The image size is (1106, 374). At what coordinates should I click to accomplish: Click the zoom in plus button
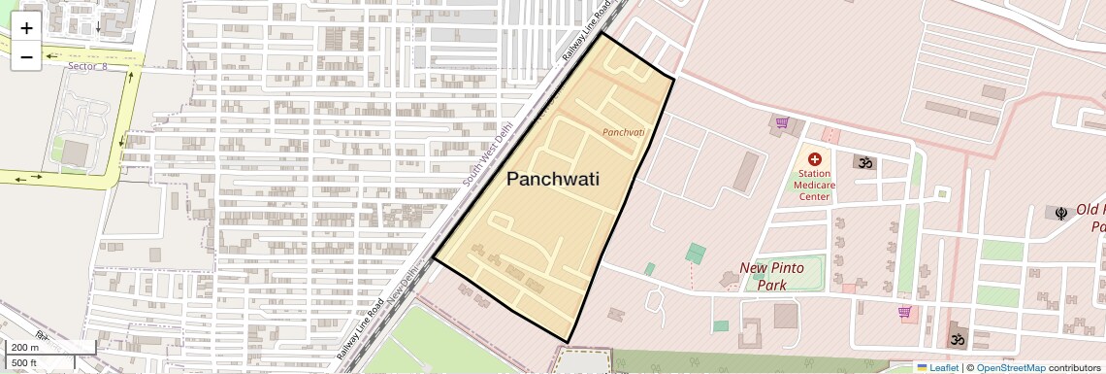point(26,28)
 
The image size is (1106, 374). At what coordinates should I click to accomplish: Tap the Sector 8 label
point(87,66)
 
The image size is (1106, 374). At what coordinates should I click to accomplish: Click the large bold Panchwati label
point(553,179)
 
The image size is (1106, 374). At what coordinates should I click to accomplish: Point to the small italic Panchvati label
point(623,131)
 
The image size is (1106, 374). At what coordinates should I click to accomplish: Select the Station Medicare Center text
point(813,185)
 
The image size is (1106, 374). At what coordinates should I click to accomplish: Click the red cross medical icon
point(814,158)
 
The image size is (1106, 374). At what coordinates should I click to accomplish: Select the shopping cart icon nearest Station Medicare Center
point(782,122)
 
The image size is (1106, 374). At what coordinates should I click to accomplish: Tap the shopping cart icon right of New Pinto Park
point(904,312)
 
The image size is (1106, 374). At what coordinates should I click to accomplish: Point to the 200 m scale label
point(25,347)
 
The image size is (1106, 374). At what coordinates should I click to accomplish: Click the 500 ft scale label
point(24,363)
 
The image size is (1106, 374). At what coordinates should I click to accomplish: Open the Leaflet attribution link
point(937,367)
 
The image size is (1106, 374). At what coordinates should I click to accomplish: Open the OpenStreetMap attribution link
point(1010,367)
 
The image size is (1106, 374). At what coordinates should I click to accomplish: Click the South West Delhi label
point(487,154)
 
